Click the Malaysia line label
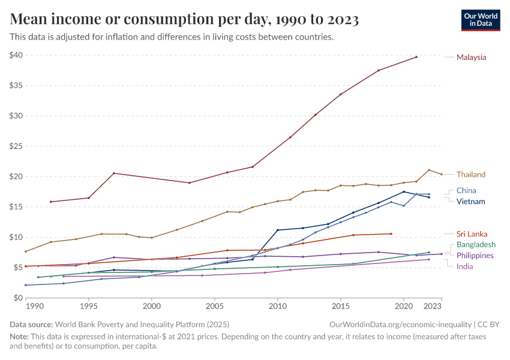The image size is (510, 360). (471, 58)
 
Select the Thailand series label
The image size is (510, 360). (470, 175)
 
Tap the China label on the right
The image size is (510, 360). (466, 191)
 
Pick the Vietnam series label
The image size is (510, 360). (470, 202)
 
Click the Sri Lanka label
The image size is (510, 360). (472, 234)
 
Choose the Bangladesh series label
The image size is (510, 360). (476, 245)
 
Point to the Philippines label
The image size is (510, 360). (475, 256)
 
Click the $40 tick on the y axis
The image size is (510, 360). (16, 55)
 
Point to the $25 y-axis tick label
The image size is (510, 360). (16, 146)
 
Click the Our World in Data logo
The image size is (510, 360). (480, 20)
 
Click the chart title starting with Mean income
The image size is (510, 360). (184, 20)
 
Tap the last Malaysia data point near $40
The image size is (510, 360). (416, 57)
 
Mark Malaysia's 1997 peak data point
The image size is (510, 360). (114, 173)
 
